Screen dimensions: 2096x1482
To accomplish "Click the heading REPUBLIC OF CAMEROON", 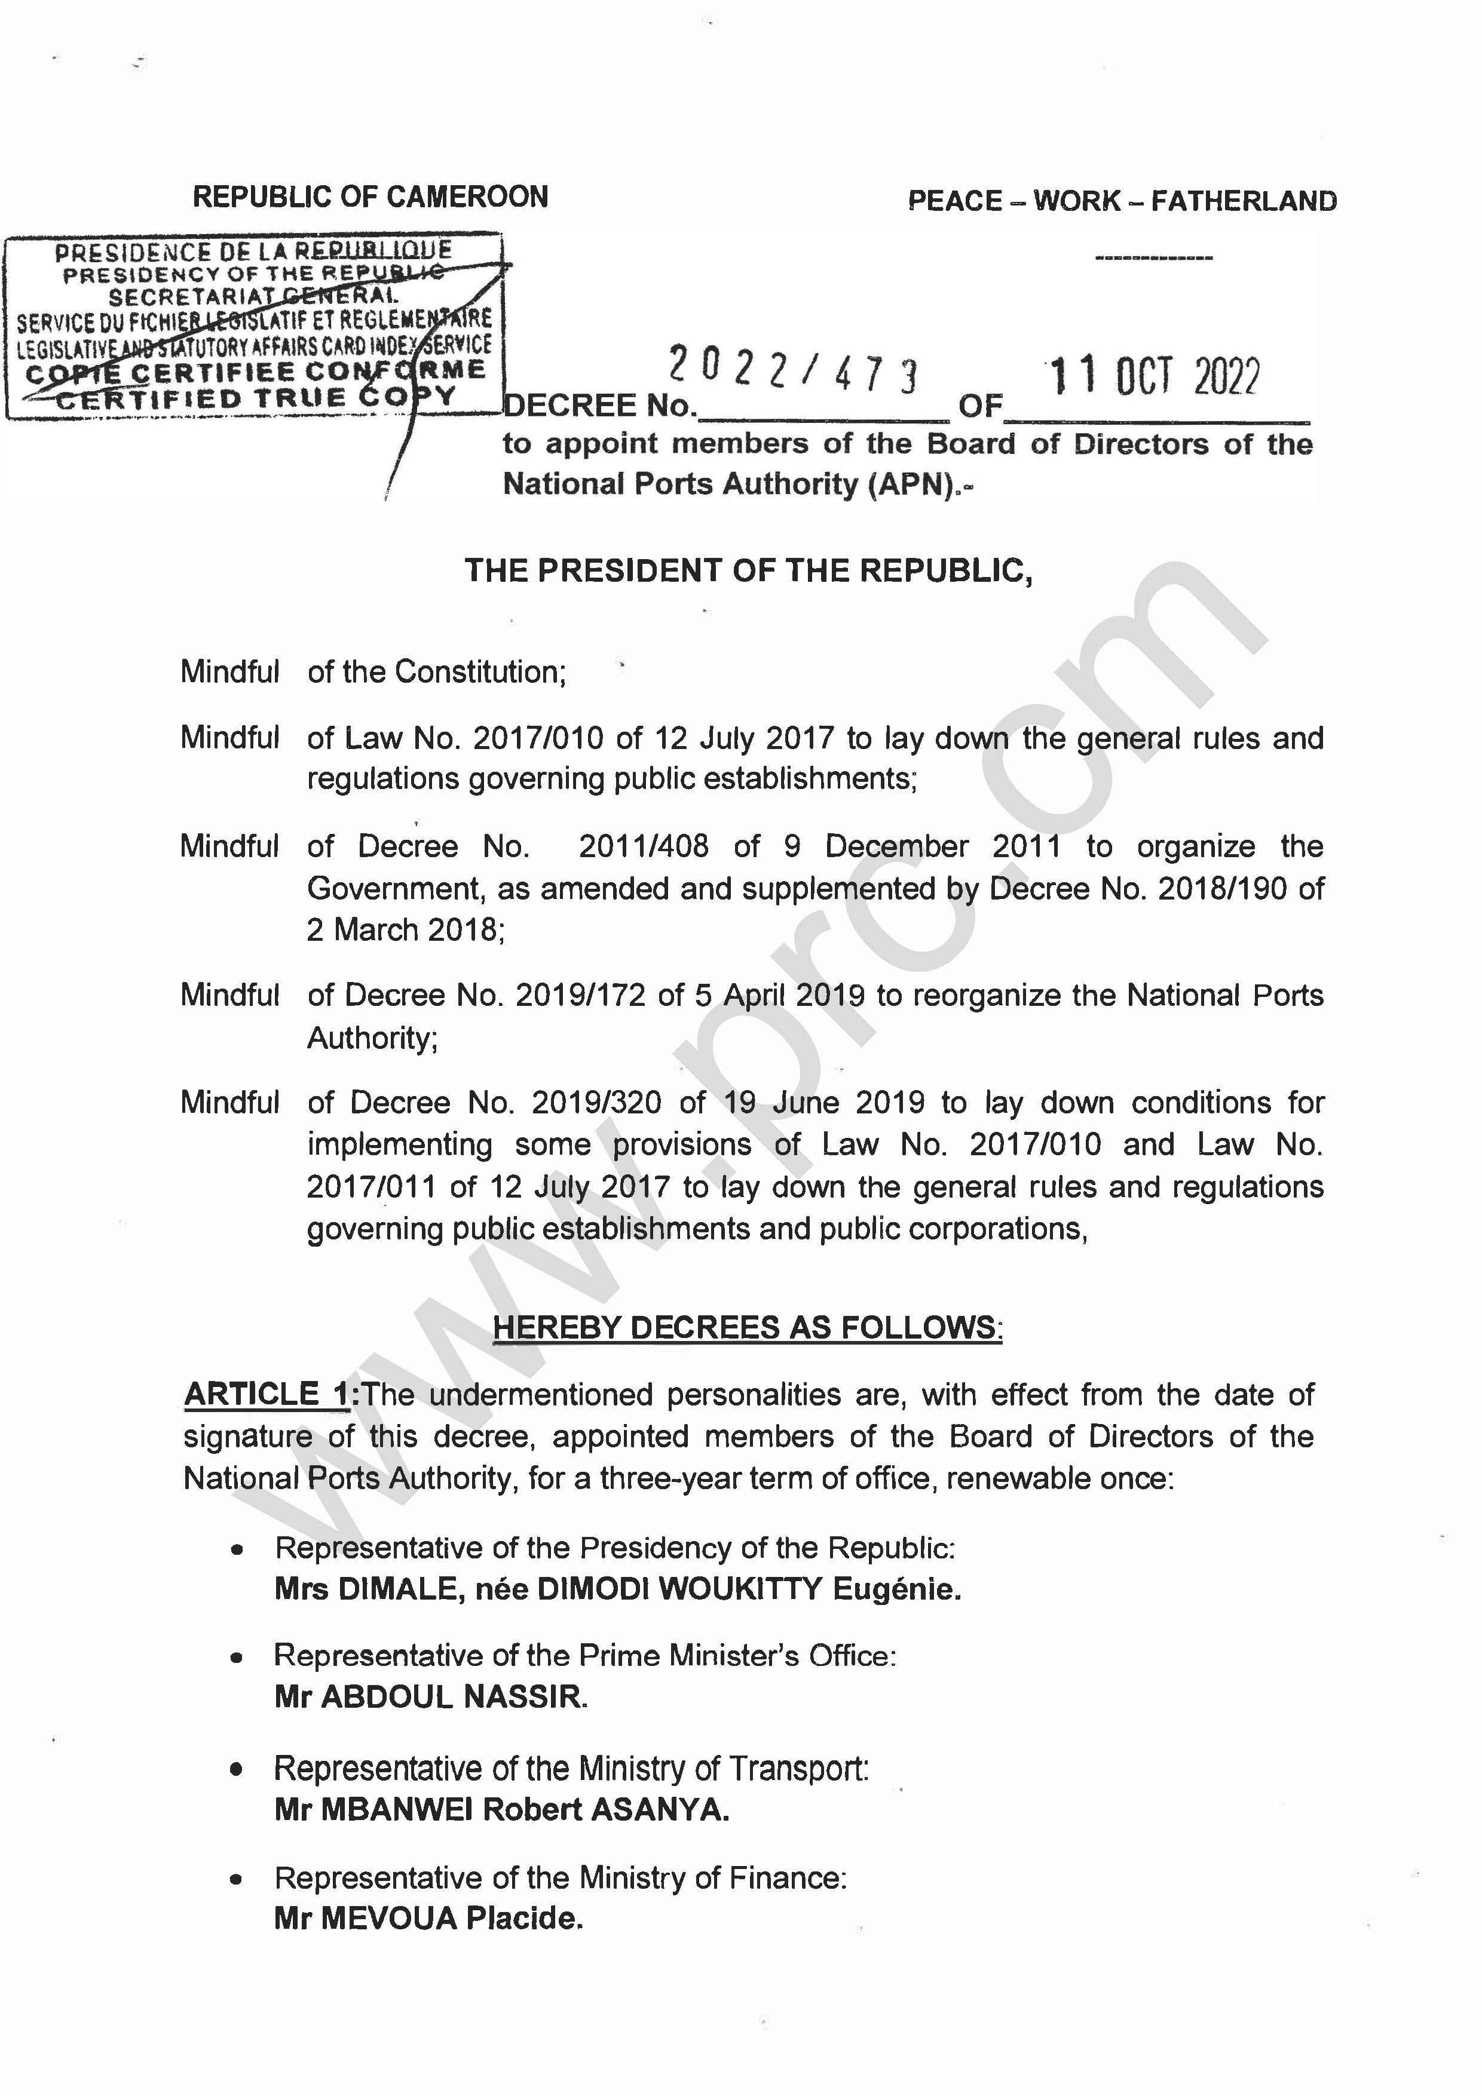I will [370, 197].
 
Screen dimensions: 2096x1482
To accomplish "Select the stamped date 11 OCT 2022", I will [1153, 376].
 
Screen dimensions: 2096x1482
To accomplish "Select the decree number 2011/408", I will [643, 846].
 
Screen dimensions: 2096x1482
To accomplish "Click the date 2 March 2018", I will [405, 929].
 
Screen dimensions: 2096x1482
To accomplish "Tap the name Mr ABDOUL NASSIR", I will [430, 1697].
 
